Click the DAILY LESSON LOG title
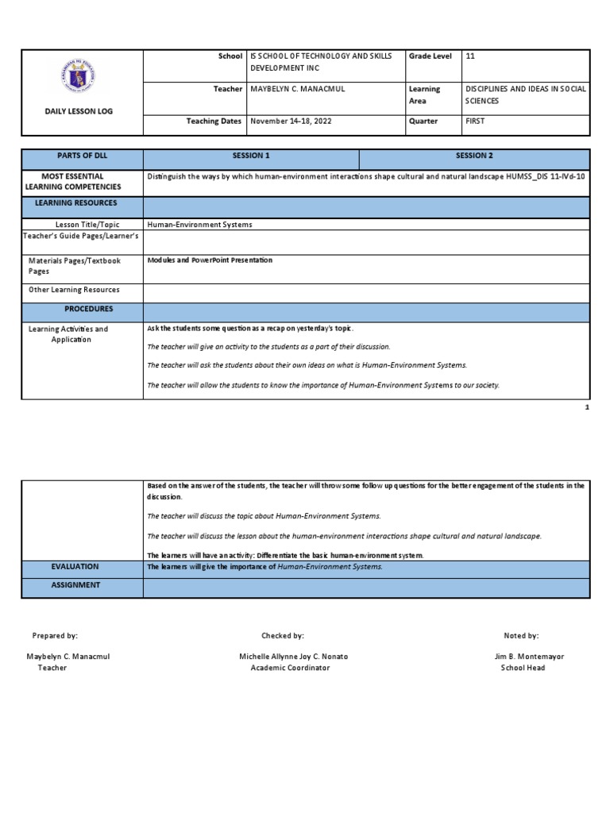[x=79, y=111]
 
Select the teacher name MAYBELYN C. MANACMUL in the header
[x=298, y=89]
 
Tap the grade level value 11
[x=470, y=56]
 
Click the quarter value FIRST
[x=474, y=121]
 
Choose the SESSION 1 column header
[x=251, y=156]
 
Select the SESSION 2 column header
[x=474, y=156]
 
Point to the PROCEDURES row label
[x=89, y=309]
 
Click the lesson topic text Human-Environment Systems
[x=199, y=225]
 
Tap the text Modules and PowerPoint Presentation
[x=210, y=260]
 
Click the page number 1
[x=587, y=406]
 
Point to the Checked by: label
[x=283, y=636]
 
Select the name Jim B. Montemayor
[x=529, y=657]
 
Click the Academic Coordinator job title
[x=290, y=668]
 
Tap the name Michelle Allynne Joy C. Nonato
[x=293, y=657]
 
